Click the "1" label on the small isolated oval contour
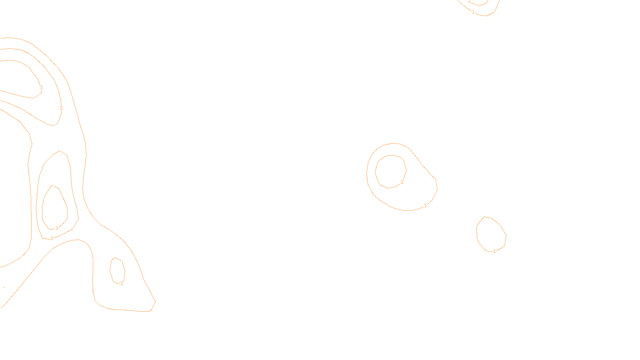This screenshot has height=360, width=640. coord(494,251)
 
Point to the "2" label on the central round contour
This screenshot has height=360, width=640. coord(402,182)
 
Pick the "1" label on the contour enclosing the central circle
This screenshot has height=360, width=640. coord(425,206)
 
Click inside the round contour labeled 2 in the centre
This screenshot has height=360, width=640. coord(391,171)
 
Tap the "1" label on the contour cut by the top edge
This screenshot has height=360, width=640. coord(473,12)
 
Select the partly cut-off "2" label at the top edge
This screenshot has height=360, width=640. coord(469,2)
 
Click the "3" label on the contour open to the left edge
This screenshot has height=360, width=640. coord(41,88)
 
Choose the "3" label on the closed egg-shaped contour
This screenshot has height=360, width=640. coord(56,228)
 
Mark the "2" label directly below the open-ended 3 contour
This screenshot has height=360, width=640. coord(61,108)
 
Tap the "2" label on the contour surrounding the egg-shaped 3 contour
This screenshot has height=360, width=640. coord(52,238)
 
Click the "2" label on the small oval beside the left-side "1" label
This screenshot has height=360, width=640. coord(122,284)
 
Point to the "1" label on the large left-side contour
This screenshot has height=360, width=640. coord(93,290)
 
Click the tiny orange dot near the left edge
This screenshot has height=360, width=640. coord(4,287)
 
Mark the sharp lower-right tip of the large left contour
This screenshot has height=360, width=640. coord(155,301)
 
